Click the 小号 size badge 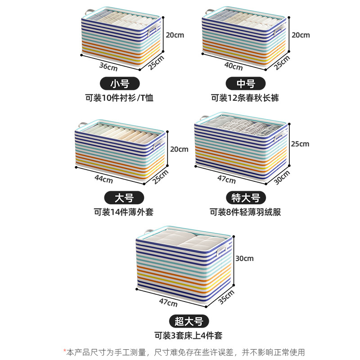(x=119, y=84)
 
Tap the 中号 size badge (x=246, y=84)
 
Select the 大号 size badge (x=119, y=198)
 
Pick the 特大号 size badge (x=246, y=198)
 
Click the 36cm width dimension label (x=108, y=68)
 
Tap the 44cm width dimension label (x=104, y=179)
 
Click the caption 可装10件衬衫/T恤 (x=119, y=97)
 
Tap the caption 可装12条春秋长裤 (x=245, y=97)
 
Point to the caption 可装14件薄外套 (x=119, y=211)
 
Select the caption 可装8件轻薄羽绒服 (x=245, y=211)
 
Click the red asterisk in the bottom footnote (x=65, y=351)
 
